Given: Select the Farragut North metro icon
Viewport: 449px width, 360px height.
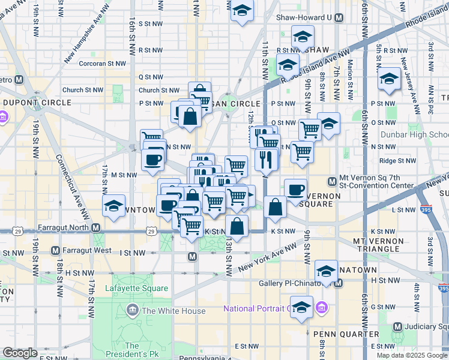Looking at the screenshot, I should pos(96,227).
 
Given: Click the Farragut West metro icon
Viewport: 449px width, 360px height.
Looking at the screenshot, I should pos(55,250).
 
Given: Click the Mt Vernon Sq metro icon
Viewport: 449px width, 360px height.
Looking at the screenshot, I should pos(331,181).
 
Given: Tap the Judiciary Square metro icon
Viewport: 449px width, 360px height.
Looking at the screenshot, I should pos(397,326).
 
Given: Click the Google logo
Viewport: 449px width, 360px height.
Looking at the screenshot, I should pos(20,353).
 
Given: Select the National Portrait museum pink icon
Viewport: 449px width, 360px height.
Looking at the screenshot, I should pos(322,308).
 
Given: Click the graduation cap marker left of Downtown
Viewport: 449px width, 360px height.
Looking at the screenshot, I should pos(113,206).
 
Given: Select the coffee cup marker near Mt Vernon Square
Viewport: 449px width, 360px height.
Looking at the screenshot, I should pos(295,190).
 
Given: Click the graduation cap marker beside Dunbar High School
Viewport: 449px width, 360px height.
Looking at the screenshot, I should pos(389,79).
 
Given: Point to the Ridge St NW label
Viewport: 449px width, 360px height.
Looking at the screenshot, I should pos(397,161).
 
